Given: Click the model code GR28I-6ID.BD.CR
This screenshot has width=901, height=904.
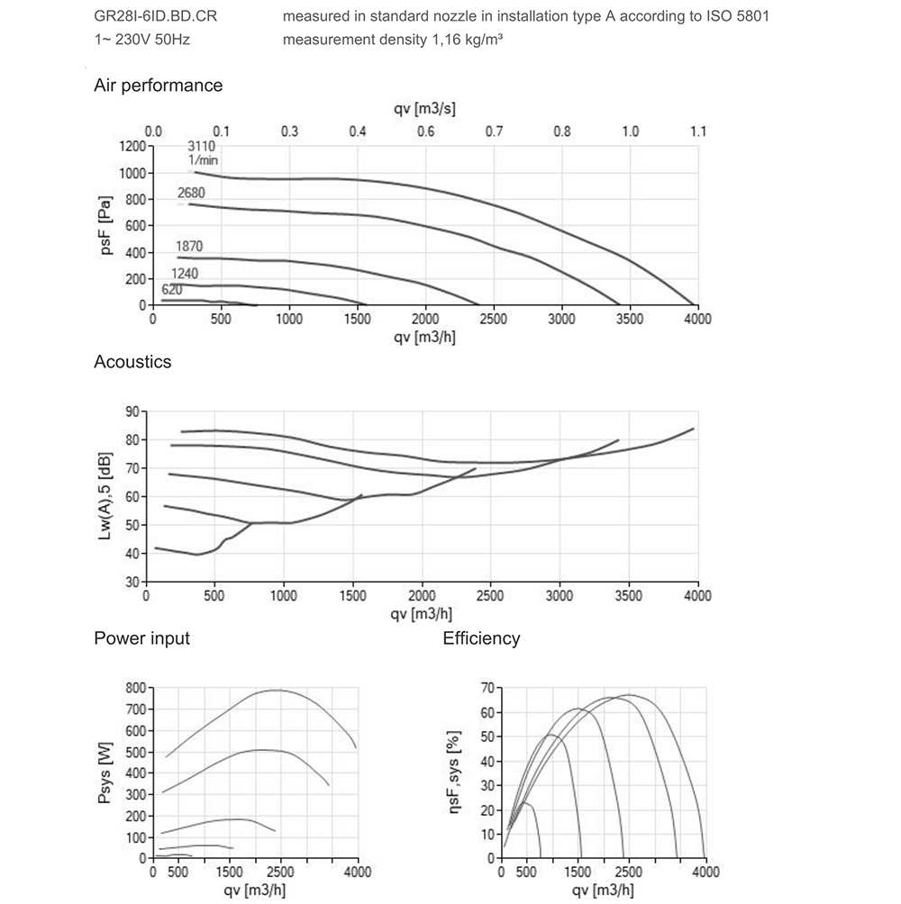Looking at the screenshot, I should click(x=155, y=17).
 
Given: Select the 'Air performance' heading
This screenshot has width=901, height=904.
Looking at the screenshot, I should click(x=158, y=86).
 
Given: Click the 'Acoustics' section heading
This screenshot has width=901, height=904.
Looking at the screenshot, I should click(x=132, y=362).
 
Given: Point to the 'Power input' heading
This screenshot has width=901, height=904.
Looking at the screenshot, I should click(x=141, y=638).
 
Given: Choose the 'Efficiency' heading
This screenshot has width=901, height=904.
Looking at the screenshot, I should click(x=481, y=638).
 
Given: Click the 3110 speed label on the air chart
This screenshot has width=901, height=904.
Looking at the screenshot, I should click(x=202, y=145).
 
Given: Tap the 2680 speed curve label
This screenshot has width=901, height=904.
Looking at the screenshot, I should click(x=192, y=193).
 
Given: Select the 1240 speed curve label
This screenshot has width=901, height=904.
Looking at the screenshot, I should click(x=185, y=274).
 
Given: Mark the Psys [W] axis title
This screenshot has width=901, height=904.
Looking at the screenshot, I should click(x=107, y=772).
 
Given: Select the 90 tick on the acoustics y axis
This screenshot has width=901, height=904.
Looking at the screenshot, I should click(x=132, y=411).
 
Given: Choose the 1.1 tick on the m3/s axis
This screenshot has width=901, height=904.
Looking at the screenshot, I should click(x=698, y=131).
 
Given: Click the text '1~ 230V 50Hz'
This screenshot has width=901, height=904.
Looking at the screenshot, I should click(x=142, y=41).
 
